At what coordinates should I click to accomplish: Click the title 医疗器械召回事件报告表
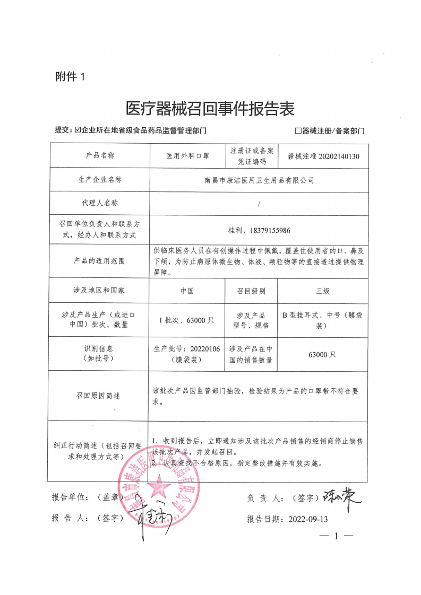210,109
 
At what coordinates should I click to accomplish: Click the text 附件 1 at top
70,77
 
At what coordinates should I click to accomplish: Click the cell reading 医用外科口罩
187,156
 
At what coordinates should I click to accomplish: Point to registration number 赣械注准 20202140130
323,156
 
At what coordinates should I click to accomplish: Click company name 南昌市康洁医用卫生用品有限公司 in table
259,180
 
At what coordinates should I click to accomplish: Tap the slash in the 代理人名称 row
259,204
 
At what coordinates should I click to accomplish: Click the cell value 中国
187,291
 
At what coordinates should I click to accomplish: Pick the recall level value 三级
323,291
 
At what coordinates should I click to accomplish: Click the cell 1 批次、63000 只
187,320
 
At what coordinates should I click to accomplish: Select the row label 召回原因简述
98,396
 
